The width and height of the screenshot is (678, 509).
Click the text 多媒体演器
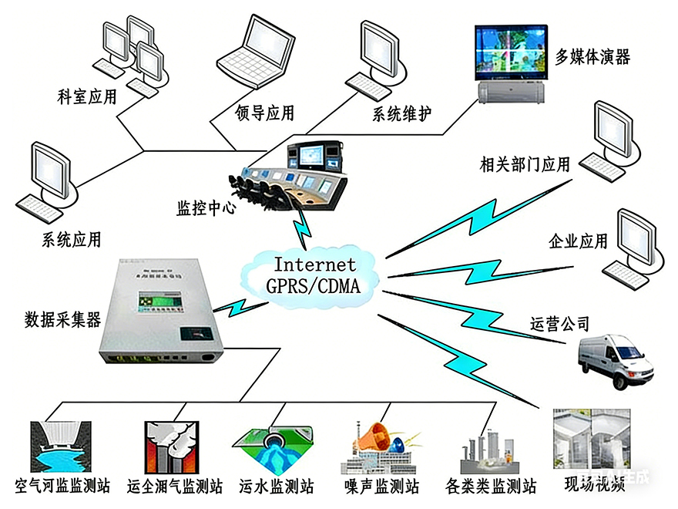(x=592, y=56)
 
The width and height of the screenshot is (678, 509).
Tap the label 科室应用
(x=87, y=97)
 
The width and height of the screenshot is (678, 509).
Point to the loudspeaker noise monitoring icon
(x=383, y=443)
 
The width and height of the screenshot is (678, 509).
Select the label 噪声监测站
(x=382, y=487)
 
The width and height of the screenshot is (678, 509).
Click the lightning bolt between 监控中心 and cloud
(x=301, y=226)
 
